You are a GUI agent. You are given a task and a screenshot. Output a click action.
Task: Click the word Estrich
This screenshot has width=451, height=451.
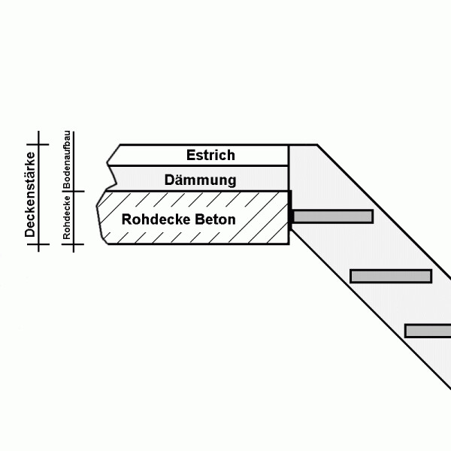[x=210, y=155]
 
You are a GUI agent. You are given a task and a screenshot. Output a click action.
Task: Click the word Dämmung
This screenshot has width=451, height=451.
[x=200, y=180]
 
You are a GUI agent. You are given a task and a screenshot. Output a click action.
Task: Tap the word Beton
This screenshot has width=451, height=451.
[x=215, y=219]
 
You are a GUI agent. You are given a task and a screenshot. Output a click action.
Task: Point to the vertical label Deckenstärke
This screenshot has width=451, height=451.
[x=30, y=195]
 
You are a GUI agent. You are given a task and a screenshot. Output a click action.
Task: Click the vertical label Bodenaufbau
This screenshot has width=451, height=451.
[x=67, y=159]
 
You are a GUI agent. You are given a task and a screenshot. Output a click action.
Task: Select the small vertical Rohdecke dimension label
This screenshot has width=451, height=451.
[x=66, y=217]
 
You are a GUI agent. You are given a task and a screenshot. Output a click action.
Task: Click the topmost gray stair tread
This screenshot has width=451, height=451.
[x=333, y=216]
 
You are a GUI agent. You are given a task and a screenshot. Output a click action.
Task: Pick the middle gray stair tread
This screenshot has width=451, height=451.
[x=391, y=276]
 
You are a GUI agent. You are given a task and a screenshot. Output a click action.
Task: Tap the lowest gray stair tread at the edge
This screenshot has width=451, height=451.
[x=428, y=331]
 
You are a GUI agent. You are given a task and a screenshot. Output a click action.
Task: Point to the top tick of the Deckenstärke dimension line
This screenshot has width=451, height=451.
[x=38, y=144]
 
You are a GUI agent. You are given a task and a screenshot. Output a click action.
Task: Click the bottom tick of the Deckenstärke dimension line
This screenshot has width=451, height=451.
[x=38, y=244]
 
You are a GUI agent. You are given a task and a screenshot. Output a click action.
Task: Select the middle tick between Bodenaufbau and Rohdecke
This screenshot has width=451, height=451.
[x=74, y=191]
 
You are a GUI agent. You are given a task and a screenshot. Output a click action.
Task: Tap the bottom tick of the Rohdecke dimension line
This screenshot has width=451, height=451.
[x=74, y=244]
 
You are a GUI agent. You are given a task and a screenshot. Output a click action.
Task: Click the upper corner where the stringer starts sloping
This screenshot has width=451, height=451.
[x=316, y=144]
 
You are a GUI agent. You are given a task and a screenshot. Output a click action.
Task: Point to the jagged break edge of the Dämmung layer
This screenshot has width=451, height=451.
[x=111, y=178]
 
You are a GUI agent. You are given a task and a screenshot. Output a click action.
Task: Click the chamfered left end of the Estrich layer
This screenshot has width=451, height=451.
[x=114, y=155]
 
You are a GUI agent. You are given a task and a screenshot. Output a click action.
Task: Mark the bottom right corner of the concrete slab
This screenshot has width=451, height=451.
[x=289, y=244]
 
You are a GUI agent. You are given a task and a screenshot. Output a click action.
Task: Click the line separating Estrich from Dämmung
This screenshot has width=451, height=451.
[x=198, y=165]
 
